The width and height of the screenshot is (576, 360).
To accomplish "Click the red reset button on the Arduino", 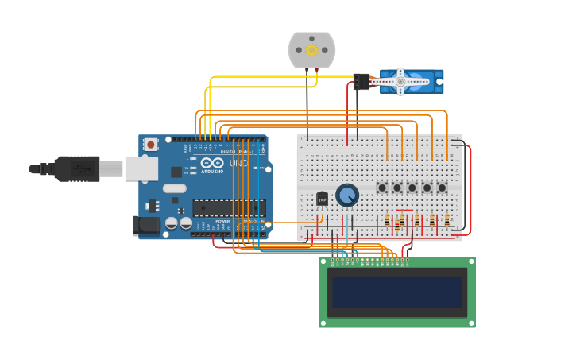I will pyautogui.click(x=150, y=144).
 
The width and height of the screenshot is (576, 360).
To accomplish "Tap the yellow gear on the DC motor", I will pyautogui.click(x=311, y=50).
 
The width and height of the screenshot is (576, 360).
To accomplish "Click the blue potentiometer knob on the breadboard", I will pyautogui.click(x=347, y=195).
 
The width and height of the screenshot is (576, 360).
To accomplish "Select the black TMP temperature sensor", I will pyautogui.click(x=322, y=199).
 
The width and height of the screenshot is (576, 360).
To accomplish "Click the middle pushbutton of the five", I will pyautogui.click(x=412, y=188).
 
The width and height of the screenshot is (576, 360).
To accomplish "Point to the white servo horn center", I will pyautogui.click(x=400, y=80).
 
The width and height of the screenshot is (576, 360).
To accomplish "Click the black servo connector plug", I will pyautogui.click(x=361, y=81).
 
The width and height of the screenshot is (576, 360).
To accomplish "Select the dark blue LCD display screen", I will pyautogui.click(x=396, y=292).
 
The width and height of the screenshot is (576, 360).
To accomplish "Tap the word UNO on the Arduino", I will pyautogui.click(x=238, y=163).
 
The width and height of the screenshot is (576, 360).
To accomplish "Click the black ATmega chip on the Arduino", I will pyautogui.click(x=228, y=208).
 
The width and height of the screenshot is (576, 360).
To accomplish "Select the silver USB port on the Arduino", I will pyautogui.click(x=141, y=168).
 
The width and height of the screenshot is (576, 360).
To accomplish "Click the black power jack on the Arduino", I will pyautogui.click(x=148, y=225).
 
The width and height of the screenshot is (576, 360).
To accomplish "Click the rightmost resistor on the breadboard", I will pyautogui.click(x=446, y=220).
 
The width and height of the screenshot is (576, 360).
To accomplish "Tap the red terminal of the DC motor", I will pyautogui.click(x=317, y=70).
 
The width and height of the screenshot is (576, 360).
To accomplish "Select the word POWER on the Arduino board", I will pyautogui.click(x=223, y=222).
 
